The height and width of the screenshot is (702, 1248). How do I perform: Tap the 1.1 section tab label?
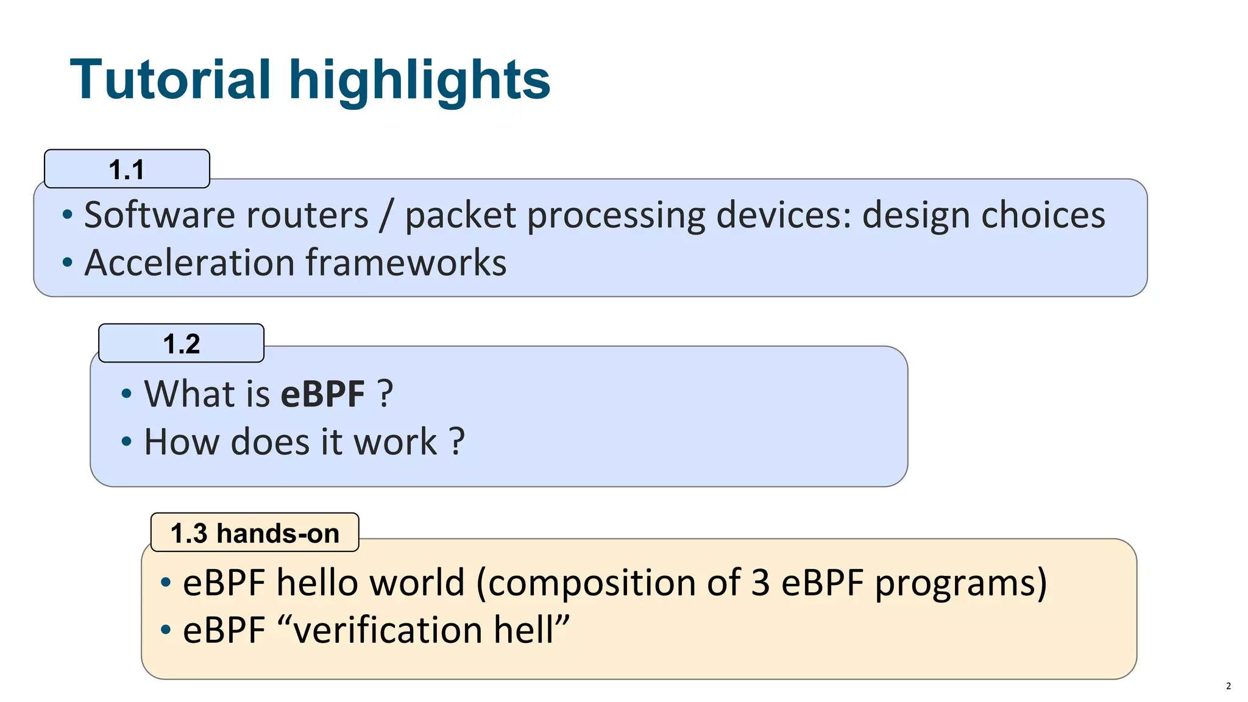127,169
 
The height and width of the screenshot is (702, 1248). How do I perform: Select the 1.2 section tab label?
181,344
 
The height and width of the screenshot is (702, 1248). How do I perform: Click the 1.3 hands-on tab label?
255,533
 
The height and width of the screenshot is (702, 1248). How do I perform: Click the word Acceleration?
190,263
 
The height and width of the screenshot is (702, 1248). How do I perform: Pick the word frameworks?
406,263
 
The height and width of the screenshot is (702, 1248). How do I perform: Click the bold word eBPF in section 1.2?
322,394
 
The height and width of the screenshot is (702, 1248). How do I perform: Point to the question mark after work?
457,441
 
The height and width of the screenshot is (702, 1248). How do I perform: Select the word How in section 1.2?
182,441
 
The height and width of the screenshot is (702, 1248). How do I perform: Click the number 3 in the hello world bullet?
760,583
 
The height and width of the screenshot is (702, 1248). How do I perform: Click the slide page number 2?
1228,686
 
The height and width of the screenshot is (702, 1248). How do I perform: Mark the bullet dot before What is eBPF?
126,394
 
